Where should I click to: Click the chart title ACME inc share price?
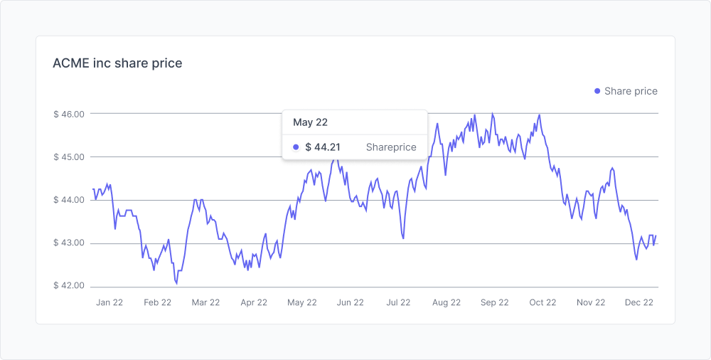click(117, 63)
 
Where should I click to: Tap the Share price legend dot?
click(597, 91)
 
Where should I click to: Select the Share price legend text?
click(631, 91)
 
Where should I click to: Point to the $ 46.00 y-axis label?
click(69, 114)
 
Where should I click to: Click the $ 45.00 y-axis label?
click(69, 157)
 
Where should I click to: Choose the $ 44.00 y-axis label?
click(69, 201)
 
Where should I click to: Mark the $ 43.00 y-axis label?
click(69, 243)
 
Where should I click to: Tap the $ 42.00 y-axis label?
click(69, 287)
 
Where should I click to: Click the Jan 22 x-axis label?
click(109, 302)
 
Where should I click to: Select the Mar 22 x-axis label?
click(205, 302)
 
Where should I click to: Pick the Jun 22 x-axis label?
click(350, 302)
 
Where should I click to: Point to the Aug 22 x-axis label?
click(447, 302)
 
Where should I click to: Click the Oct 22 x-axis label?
click(542, 302)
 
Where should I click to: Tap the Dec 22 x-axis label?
click(638, 302)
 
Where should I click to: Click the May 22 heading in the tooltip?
click(310, 122)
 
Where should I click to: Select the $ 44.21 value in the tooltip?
click(323, 147)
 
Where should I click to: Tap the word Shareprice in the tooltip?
click(391, 147)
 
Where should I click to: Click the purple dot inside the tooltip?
click(296, 147)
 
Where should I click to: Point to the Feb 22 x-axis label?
click(157, 302)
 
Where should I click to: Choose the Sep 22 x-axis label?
click(494, 302)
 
